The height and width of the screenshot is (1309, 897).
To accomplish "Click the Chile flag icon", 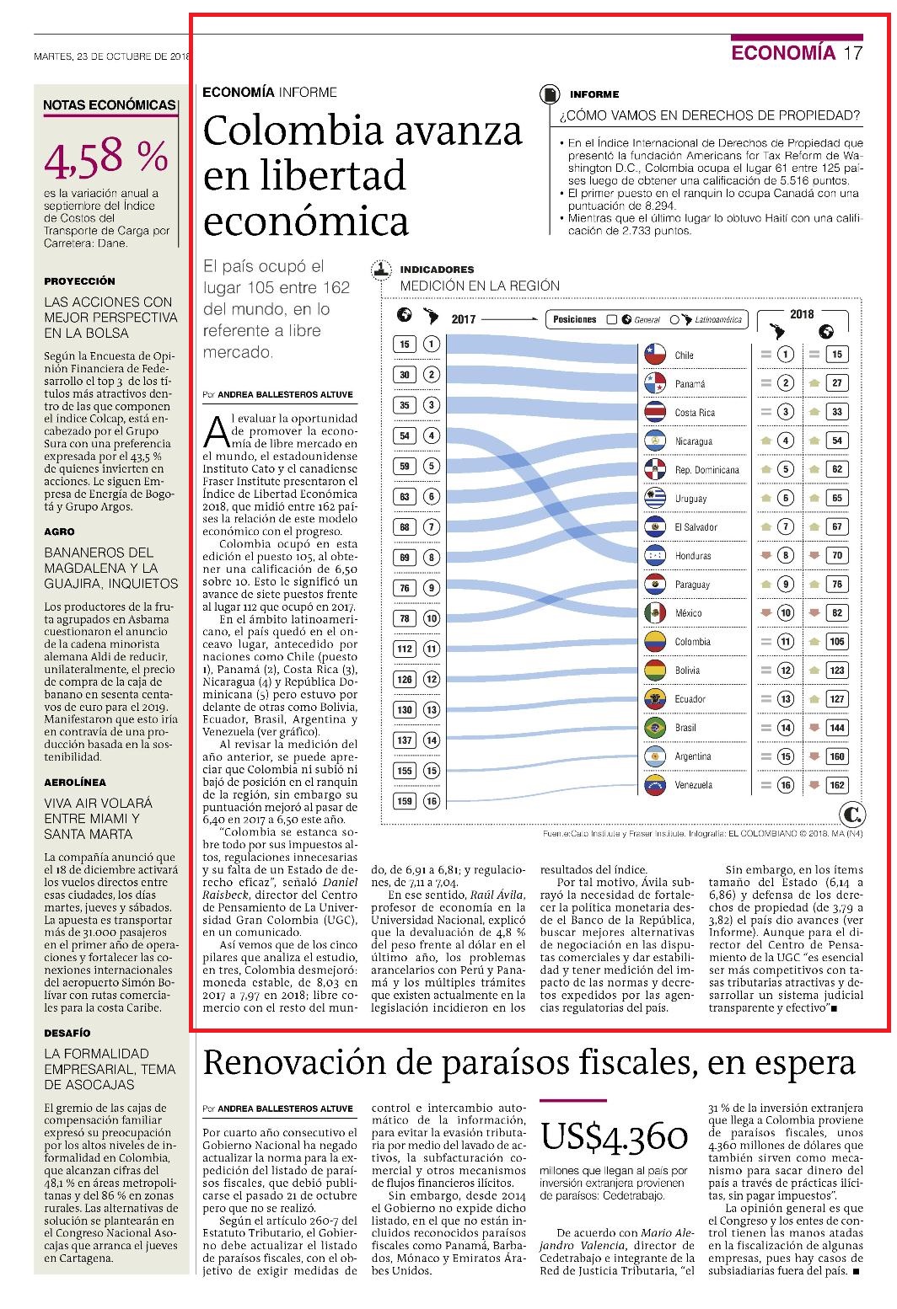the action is [655, 354].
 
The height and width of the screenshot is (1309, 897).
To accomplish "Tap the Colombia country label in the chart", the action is [692, 642].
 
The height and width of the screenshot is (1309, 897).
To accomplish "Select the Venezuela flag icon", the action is [655, 784].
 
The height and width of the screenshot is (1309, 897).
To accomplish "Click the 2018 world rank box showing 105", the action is [837, 642].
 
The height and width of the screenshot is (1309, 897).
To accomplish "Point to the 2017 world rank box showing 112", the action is [405, 649].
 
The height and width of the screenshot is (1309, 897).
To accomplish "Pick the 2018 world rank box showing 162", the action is [837, 785].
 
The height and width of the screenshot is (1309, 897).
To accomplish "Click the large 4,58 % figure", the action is [106, 158].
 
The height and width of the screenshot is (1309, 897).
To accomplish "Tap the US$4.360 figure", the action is [614, 1136].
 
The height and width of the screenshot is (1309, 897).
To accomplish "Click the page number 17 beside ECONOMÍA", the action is [852, 53].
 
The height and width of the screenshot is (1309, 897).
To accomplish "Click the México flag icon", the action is [655, 612].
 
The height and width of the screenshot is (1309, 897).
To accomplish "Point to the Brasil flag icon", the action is [655, 727].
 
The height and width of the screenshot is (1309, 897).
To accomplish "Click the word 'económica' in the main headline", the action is [305, 222].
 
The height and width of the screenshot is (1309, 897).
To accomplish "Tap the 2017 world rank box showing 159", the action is [405, 801].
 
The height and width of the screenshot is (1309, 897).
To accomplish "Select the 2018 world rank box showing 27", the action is [837, 382].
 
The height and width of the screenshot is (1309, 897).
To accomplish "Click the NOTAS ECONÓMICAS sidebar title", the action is [110, 105].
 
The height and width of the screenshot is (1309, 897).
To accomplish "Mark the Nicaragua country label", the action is [694, 441].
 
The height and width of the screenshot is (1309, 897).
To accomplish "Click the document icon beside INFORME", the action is [550, 94].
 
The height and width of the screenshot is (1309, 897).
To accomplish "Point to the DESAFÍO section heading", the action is [67, 1033].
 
